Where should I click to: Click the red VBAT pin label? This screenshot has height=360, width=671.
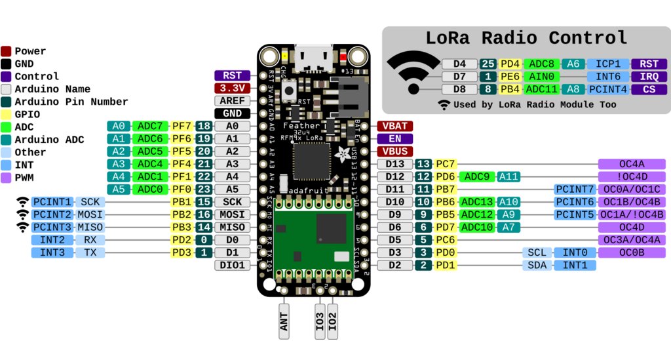tap(395, 126)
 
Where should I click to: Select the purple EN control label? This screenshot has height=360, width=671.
tap(395, 139)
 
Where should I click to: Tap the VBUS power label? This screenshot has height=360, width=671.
tap(395, 151)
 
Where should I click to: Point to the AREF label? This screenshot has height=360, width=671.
tap(233, 101)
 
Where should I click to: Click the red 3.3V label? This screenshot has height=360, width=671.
tap(233, 89)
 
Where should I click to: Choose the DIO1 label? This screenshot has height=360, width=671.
tap(233, 266)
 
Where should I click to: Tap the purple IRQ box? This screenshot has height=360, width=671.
tap(649, 77)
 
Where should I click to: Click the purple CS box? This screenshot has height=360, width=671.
tap(649, 89)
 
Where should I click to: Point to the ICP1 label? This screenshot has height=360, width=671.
tap(607, 64)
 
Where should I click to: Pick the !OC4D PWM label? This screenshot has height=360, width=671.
tap(632, 176)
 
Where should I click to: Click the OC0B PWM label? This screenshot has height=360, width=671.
tap(632, 252)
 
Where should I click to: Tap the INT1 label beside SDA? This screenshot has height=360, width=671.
tap(575, 266)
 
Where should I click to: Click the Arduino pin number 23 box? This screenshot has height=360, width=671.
tap(204, 190)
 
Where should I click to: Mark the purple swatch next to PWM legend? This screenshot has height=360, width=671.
tap(6, 178)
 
